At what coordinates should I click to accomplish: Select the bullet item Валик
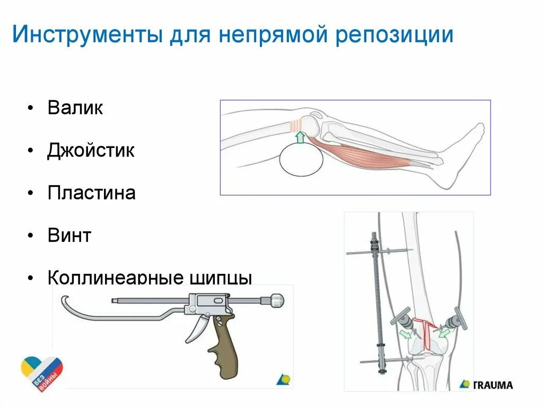tap(75, 108)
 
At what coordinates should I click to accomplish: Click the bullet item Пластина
tap(91, 193)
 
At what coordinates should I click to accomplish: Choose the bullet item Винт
tap(69, 235)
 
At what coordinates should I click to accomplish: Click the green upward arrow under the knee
tap(300, 137)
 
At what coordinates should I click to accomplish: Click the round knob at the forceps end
tap(277, 300)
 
